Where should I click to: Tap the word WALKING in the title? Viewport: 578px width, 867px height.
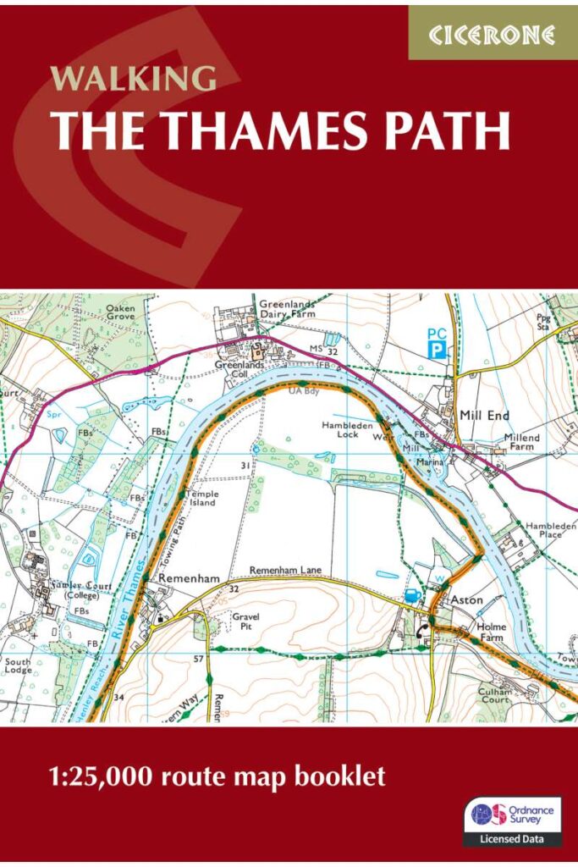pos(133,78)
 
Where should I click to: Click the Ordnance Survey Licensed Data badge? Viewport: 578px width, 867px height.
pos(512,821)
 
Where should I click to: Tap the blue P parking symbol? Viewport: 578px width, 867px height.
pos(436,349)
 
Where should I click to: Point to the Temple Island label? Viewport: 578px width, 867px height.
pos(203,499)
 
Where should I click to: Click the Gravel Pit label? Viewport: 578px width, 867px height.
pos(247,621)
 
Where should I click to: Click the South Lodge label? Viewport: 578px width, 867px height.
pos(19,666)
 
